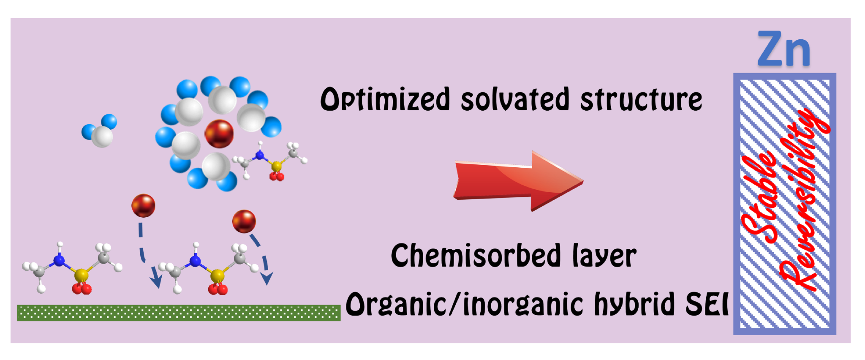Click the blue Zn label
784,50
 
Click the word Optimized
385,100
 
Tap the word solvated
515,100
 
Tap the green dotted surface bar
178,313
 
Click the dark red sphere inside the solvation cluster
219,134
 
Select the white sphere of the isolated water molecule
102,136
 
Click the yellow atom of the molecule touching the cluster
276,167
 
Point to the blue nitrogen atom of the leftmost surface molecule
59,261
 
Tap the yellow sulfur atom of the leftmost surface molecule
81,275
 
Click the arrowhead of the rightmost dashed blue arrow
267,278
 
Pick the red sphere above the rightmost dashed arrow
244,221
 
